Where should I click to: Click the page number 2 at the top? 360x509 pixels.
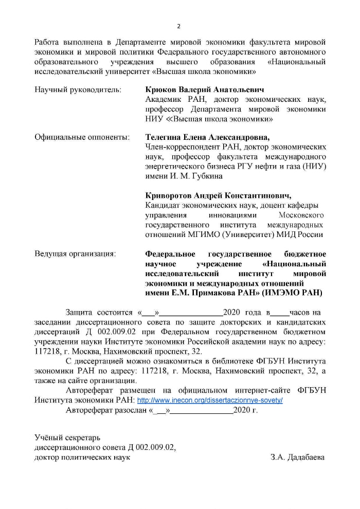pos(178,26)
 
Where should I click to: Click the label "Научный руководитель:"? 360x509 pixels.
pos(78,90)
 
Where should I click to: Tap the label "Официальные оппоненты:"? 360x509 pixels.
pos(81,138)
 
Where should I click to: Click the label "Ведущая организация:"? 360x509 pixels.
pos(75,254)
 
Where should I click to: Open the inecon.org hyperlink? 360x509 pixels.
pos(210,400)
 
